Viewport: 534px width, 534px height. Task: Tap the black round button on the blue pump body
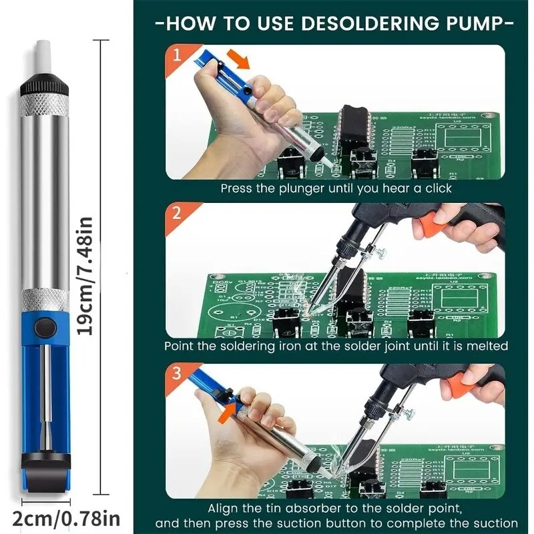click(x=45, y=327)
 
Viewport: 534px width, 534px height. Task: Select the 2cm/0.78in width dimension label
click(x=66, y=517)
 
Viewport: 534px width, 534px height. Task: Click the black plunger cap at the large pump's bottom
click(x=44, y=461)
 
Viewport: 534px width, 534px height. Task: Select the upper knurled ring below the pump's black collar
click(x=44, y=105)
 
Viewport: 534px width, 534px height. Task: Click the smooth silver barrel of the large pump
click(x=44, y=200)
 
